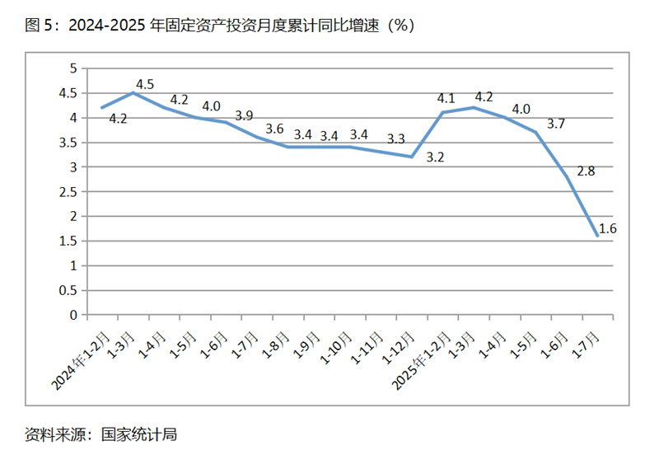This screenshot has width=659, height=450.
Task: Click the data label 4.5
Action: tap(145, 83)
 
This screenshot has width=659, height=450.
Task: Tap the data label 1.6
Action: tap(608, 228)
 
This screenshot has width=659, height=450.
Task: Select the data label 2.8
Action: tap(586, 171)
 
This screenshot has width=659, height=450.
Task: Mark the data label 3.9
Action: tap(245, 116)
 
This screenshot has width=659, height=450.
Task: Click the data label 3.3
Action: tap(396, 138)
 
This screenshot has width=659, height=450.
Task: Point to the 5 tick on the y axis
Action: tap(74, 68)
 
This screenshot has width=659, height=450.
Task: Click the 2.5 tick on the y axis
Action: tap(69, 192)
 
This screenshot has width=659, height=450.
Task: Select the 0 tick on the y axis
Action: tap(74, 315)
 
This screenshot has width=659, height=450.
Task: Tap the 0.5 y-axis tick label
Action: tap(69, 290)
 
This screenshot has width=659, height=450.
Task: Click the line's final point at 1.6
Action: tap(597, 236)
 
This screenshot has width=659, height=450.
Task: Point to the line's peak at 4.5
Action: tap(133, 92)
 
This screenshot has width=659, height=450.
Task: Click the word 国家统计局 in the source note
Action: tap(138, 434)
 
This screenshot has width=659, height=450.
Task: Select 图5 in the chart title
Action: tap(38, 26)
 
